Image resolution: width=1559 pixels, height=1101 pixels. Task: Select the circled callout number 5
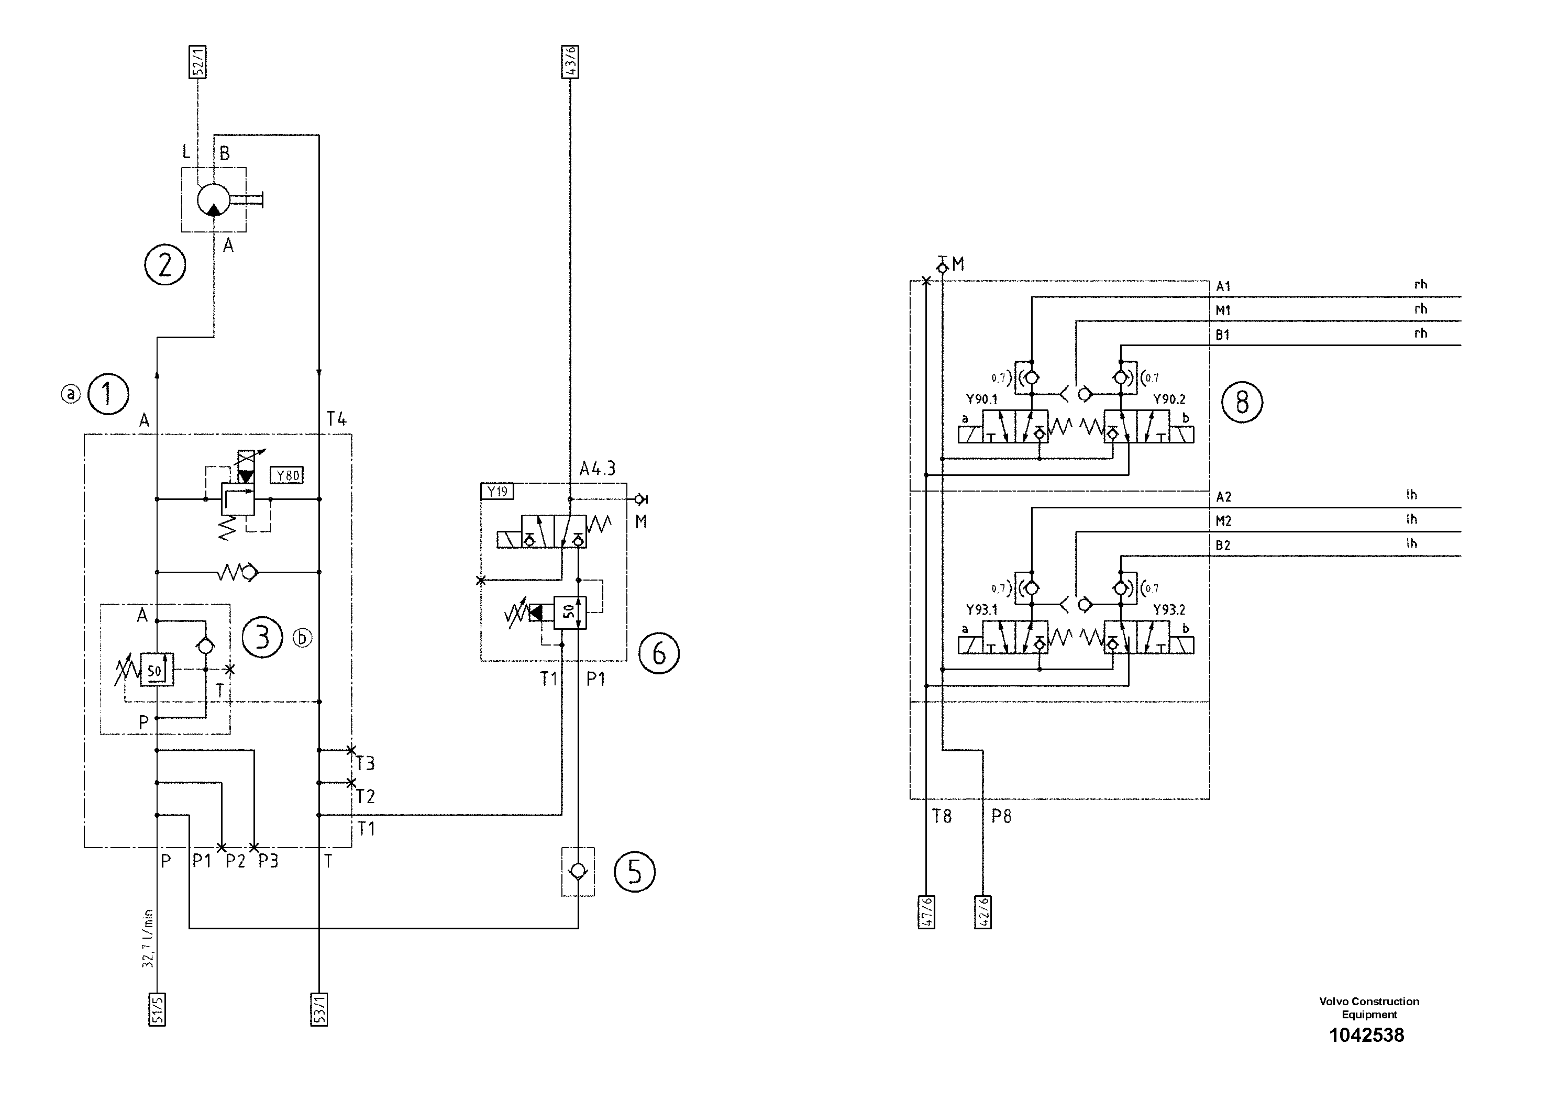coord(634,872)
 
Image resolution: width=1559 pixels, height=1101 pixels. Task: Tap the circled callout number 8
coord(1242,403)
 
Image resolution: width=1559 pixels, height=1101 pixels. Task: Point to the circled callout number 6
coord(659,653)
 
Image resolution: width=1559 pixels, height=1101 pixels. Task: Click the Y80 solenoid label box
coord(287,475)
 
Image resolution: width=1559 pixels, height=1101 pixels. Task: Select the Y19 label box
coord(497,491)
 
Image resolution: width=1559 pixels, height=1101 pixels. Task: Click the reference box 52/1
coord(197,62)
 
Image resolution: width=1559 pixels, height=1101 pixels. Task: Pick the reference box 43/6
coord(570,62)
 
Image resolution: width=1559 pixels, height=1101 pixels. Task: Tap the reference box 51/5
coord(158,1009)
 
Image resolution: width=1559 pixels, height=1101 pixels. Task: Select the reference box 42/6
coord(982,911)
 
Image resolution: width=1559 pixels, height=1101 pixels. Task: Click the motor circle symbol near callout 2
coord(214,200)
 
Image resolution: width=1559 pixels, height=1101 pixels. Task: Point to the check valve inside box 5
coord(578,871)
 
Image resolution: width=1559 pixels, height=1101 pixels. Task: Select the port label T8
coord(942,816)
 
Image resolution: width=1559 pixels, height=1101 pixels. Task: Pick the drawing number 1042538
coord(1366,1035)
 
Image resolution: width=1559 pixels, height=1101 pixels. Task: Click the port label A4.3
coord(598,469)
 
